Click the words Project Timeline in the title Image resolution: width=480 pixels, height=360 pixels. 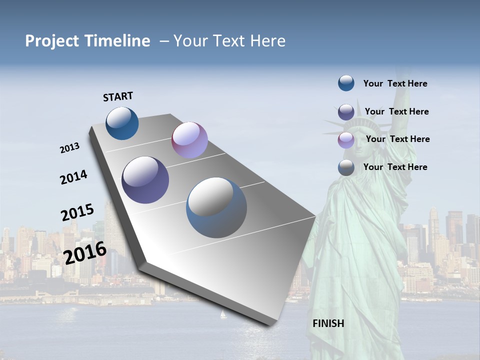click(x=87, y=41)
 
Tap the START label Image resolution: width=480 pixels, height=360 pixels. click(x=118, y=96)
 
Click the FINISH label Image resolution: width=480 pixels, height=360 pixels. click(x=328, y=323)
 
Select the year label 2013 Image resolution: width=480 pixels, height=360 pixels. click(x=70, y=148)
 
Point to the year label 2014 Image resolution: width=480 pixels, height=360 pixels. click(x=73, y=177)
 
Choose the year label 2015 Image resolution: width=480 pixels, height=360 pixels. click(x=77, y=212)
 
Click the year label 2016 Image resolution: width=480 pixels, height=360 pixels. click(x=85, y=252)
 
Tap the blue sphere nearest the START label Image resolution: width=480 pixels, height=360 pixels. click(x=122, y=123)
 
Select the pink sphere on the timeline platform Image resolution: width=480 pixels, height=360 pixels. click(x=189, y=140)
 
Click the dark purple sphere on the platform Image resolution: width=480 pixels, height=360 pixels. click(x=145, y=180)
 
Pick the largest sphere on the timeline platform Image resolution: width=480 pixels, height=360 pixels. click(x=216, y=207)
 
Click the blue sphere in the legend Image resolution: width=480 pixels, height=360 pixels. click(x=346, y=83)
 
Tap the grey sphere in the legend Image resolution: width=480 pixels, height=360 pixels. click(x=346, y=167)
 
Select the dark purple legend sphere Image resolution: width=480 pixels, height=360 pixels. click(x=346, y=112)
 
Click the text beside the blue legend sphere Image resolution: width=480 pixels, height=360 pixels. click(x=395, y=83)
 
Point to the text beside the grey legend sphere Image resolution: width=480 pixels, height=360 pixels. click(x=395, y=167)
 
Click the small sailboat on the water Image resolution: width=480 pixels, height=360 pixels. click(x=223, y=315)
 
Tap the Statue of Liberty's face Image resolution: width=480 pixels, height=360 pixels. click(x=361, y=140)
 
